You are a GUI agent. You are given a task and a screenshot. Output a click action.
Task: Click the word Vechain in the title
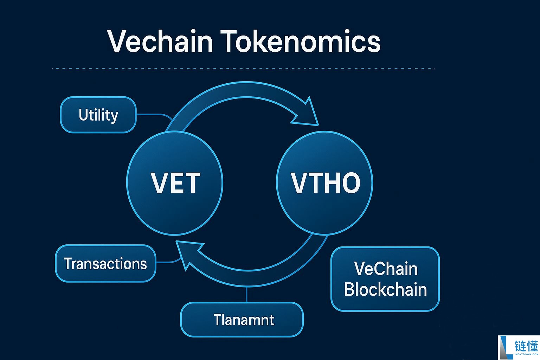coord(160,41)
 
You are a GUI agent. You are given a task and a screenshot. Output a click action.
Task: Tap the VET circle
coord(175,183)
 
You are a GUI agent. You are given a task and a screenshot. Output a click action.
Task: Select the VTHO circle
coord(325,183)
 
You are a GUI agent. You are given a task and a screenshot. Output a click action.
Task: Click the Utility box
coord(98,115)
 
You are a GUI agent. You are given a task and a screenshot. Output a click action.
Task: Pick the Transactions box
coord(105,263)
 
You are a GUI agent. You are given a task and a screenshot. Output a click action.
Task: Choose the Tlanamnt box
coord(242,320)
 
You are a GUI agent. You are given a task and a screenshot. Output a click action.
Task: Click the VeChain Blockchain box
coord(385,279)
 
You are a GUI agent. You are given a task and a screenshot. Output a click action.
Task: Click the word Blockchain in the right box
coord(385,290)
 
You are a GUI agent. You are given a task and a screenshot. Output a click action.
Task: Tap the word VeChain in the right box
coord(386,269)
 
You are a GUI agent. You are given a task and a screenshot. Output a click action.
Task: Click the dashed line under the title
coord(243,69)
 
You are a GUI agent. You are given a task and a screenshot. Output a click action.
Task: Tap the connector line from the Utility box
coord(153,115)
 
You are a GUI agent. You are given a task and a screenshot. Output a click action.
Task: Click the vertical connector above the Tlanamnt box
coord(247,295)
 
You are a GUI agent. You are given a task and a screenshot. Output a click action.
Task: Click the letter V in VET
coord(158,183)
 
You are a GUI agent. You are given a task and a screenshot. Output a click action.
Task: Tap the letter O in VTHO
coord(349,183)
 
